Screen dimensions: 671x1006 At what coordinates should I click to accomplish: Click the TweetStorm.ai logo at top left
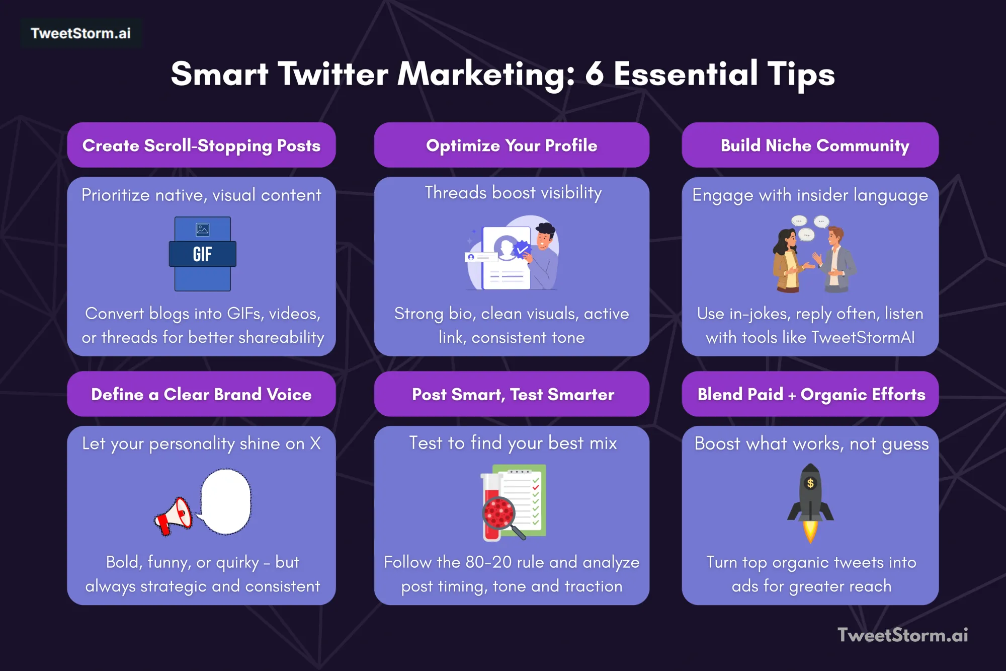click(80, 33)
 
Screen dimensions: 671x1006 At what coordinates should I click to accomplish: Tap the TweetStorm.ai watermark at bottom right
click(902, 635)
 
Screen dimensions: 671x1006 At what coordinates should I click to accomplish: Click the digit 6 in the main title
click(594, 74)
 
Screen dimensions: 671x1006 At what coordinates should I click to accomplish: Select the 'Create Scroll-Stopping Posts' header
click(201, 145)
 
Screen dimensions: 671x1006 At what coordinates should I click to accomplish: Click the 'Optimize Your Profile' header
click(512, 145)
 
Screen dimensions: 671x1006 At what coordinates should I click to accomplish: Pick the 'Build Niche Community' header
click(814, 145)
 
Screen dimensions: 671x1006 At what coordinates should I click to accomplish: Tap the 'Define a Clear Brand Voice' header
click(201, 394)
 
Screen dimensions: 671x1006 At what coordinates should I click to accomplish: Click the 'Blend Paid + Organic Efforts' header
click(811, 394)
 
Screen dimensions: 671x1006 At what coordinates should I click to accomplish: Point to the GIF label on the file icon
click(202, 254)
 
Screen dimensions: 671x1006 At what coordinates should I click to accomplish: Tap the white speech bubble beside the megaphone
click(225, 501)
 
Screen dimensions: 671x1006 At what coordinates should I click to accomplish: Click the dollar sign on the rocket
click(810, 483)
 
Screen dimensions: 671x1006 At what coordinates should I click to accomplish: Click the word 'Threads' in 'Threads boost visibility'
click(455, 193)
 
